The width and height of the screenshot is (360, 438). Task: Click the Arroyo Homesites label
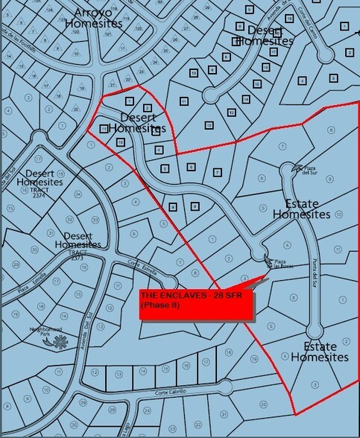pos(94,19)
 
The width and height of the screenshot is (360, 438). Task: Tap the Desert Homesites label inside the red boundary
pos(133,122)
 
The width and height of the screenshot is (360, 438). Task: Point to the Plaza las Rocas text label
pos(280,264)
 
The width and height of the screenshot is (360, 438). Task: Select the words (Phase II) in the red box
pos(157,305)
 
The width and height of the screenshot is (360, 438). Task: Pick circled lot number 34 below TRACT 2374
pos(78,194)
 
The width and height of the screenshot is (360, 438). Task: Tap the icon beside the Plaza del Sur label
pos(295,167)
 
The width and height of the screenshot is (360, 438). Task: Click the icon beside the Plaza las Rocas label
pos(268,258)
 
